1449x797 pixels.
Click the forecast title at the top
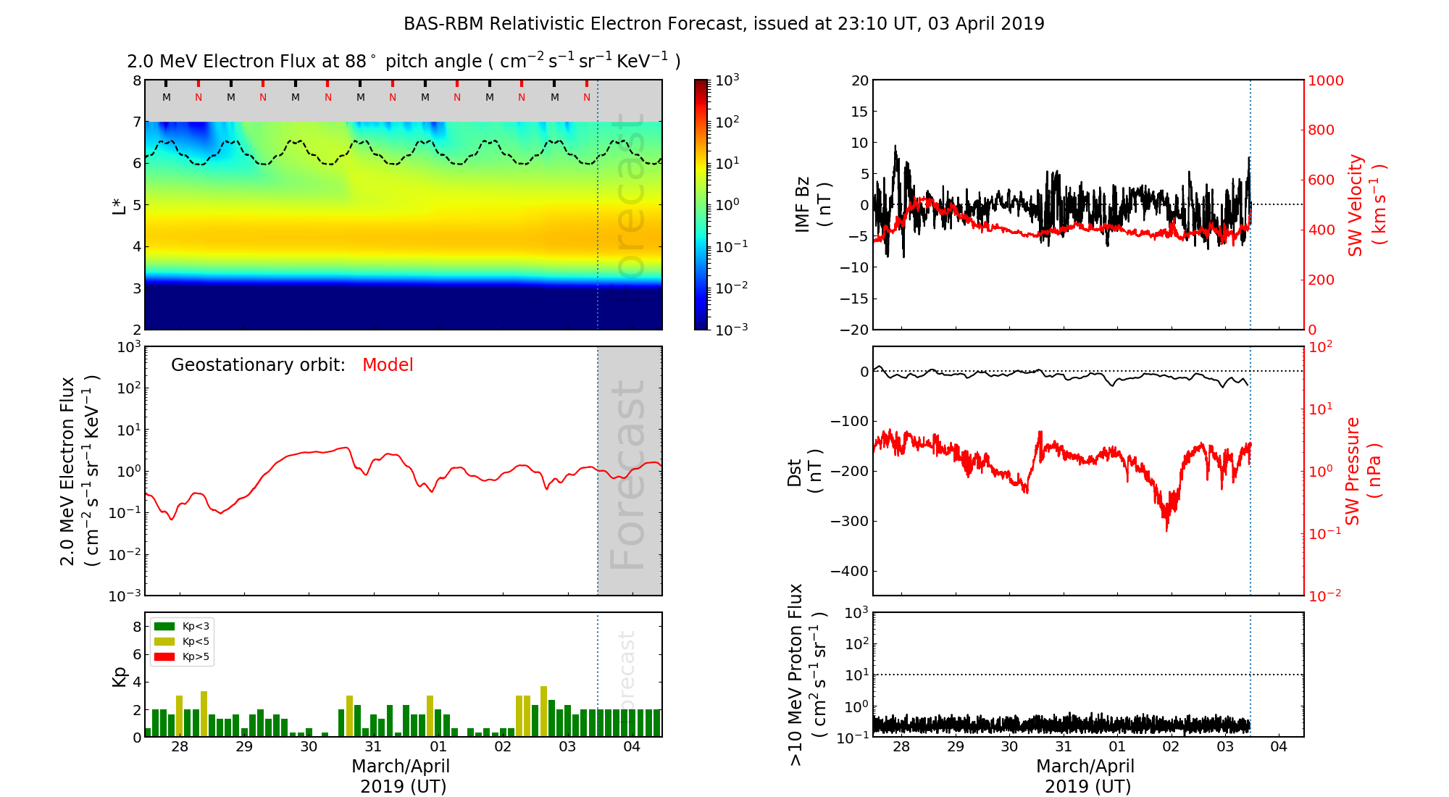(724, 24)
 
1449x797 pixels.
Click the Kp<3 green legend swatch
(164, 626)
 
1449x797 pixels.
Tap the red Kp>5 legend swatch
(164, 657)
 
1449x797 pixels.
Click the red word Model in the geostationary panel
(388, 365)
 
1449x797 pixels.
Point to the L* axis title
(120, 204)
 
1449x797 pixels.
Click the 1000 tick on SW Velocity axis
(1325, 80)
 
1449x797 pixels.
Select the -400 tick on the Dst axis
(849, 571)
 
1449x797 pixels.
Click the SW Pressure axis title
(1363, 471)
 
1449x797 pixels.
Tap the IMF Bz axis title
(812, 204)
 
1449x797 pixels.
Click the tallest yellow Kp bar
(543, 711)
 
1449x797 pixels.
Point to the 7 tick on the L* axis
(137, 122)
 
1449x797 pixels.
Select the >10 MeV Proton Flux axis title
(806, 675)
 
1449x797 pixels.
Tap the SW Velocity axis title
(1366, 204)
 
